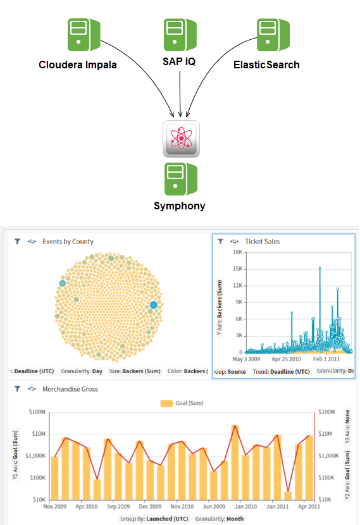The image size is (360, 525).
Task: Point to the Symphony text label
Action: [x=180, y=206]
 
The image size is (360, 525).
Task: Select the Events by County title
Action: [x=68, y=242]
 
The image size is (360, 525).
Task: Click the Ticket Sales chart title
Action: [x=262, y=242]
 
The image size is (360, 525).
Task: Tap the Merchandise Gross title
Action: [x=70, y=389]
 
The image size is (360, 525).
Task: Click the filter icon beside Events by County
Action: [x=18, y=242]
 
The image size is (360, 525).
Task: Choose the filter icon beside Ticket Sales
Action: [x=220, y=242]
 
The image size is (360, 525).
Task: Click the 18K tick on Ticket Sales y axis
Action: [x=239, y=252]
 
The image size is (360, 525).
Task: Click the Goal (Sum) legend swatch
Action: [x=167, y=403]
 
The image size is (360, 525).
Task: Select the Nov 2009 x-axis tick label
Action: [x=55, y=507]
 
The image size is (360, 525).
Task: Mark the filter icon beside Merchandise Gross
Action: [x=18, y=389]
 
